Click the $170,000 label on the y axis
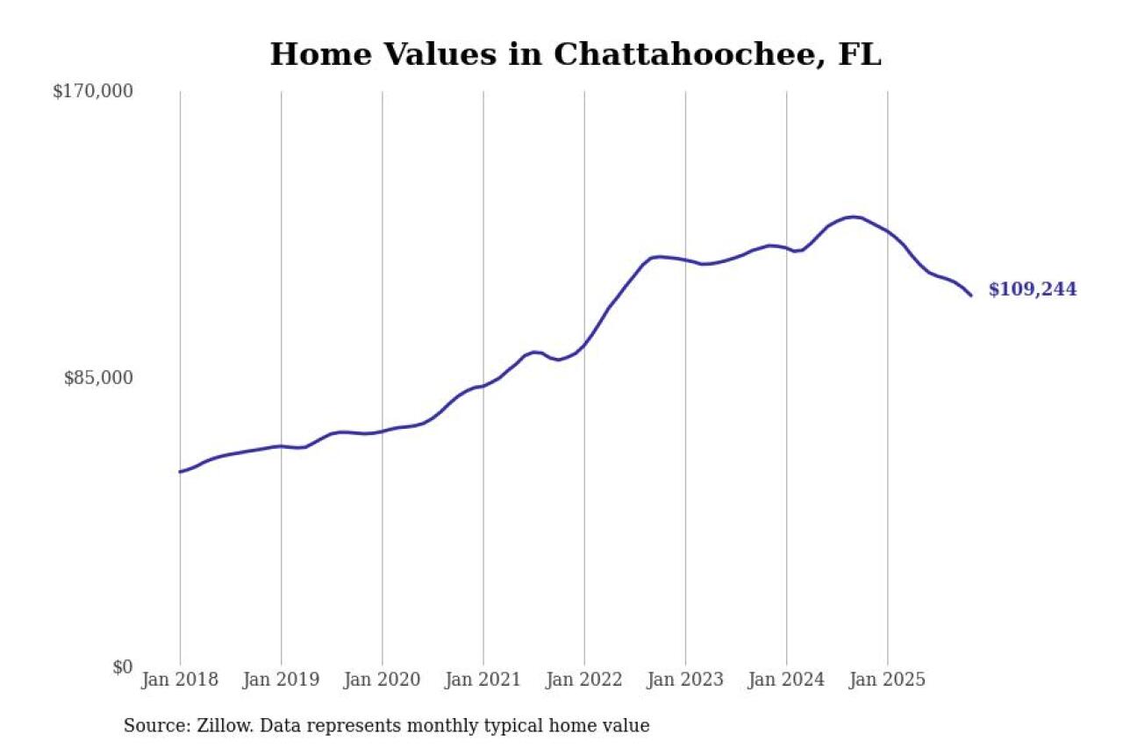pyautogui.click(x=93, y=91)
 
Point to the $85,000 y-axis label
pyautogui.click(x=98, y=378)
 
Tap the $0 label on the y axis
pyautogui.click(x=123, y=667)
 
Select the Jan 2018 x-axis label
pyautogui.click(x=180, y=680)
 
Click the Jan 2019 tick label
pyautogui.click(x=281, y=680)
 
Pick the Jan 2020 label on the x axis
pyautogui.click(x=382, y=680)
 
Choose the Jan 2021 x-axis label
pyautogui.click(x=483, y=680)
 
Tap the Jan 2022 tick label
pyautogui.click(x=584, y=680)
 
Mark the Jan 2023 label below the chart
pyautogui.click(x=685, y=680)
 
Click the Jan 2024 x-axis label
pyautogui.click(x=786, y=680)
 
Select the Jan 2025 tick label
pyautogui.click(x=887, y=680)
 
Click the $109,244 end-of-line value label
pyautogui.click(x=1033, y=289)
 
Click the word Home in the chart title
pyautogui.click(x=321, y=54)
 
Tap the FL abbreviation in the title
pyautogui.click(x=860, y=54)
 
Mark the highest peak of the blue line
pyautogui.click(x=854, y=217)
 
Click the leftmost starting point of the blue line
pyautogui.click(x=180, y=472)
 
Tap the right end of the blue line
pyautogui.click(x=971, y=296)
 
